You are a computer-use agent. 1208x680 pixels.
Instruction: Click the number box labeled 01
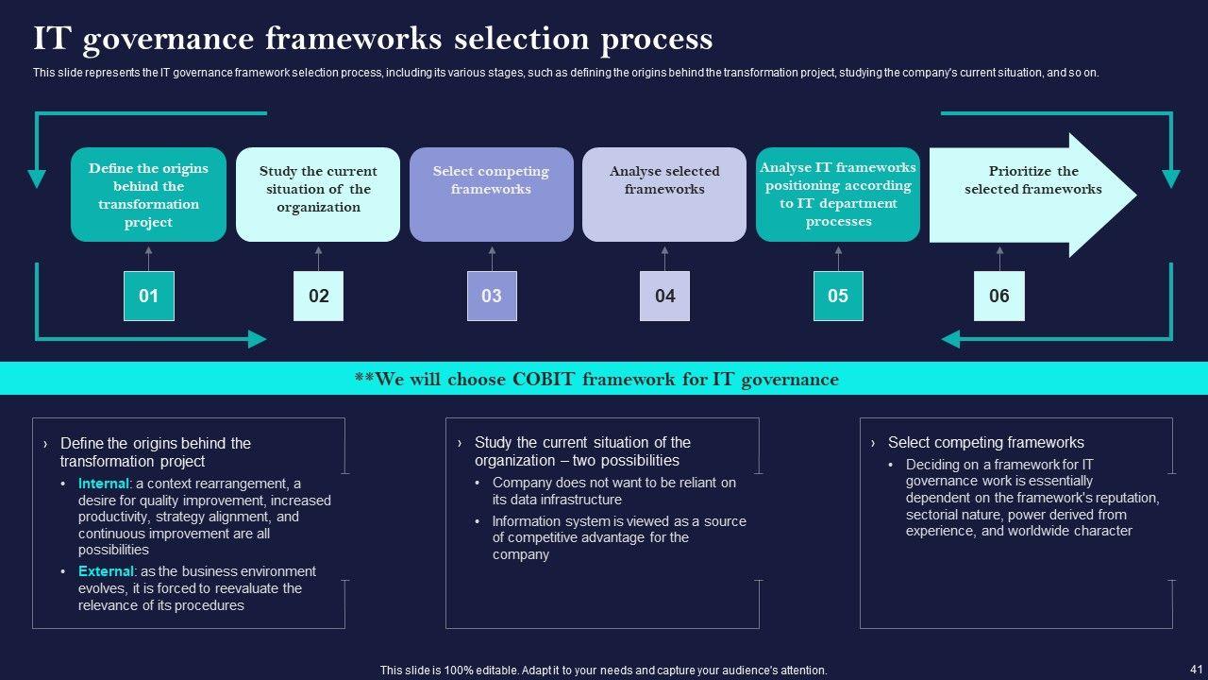[149, 296]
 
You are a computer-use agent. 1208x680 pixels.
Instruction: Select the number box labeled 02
[318, 296]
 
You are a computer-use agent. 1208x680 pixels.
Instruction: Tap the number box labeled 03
[492, 296]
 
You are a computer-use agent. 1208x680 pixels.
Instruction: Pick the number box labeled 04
[664, 296]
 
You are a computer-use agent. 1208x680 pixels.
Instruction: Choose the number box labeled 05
[838, 296]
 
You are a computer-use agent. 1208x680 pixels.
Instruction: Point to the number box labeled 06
[999, 296]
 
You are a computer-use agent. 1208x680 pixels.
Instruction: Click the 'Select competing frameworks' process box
[492, 195]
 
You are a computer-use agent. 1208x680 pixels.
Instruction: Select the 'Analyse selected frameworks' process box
[664, 195]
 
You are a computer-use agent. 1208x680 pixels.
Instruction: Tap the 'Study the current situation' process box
[318, 195]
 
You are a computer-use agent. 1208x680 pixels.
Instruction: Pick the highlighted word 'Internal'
[104, 484]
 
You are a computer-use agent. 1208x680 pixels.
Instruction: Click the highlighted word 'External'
[106, 571]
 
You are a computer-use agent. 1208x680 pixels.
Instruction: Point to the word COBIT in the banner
[544, 379]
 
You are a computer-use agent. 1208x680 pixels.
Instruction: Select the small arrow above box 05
[838, 259]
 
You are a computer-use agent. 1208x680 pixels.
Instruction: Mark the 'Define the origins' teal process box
[149, 195]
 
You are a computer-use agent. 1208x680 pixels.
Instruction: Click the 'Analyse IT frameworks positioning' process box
[838, 195]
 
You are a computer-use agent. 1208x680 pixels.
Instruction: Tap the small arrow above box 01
[149, 259]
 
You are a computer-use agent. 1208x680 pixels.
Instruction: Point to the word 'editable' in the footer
[496, 671]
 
